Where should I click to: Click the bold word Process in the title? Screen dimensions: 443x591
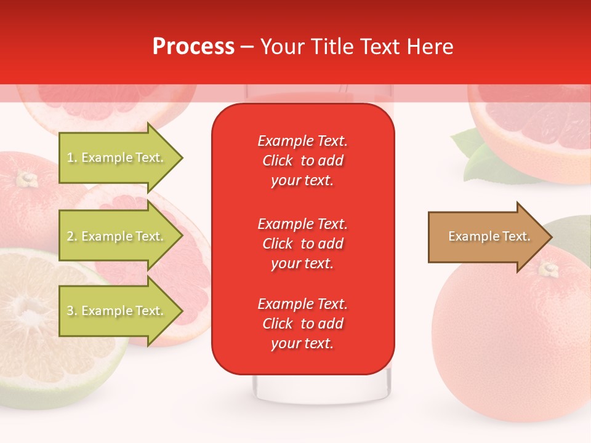click(193, 47)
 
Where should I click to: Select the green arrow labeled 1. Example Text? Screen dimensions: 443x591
click(117, 158)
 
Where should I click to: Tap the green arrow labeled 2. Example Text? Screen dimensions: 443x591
click(117, 236)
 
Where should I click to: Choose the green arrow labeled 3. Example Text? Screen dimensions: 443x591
click(117, 311)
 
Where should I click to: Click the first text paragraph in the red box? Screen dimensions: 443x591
click(303, 161)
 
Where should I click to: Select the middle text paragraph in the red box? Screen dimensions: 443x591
click(303, 244)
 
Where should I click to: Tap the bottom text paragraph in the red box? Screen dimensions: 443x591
click(303, 324)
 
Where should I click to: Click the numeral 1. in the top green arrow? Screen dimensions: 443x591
click(72, 158)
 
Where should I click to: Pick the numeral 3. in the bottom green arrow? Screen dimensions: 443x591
click(72, 311)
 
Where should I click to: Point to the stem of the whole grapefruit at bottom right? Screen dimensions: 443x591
click(549, 269)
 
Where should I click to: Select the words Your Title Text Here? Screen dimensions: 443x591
click(356, 47)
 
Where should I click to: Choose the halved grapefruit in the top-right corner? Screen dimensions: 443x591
click(529, 129)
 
